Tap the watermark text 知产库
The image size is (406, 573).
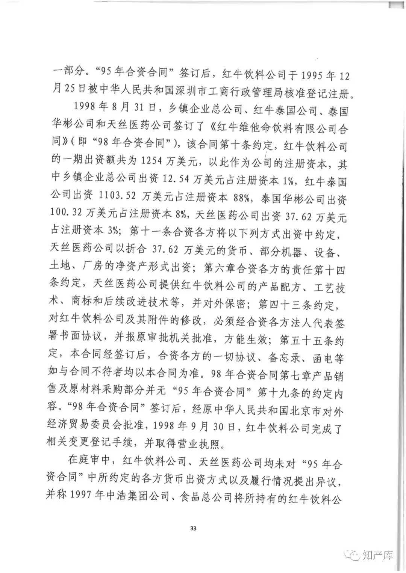(x=378, y=555)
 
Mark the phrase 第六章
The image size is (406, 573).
(x=218, y=269)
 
